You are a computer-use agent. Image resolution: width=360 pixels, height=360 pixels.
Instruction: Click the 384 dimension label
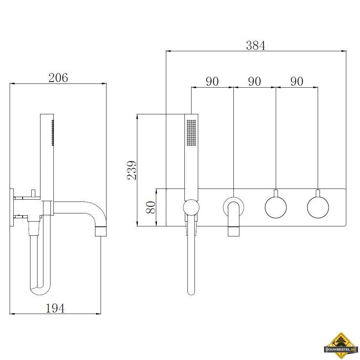(256, 45)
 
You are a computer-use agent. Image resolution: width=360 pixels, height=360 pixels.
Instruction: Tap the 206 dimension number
(58, 78)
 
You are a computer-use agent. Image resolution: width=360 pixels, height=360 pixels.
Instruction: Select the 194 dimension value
(55, 308)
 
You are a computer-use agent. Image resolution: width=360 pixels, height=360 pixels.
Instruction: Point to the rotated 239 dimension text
(132, 170)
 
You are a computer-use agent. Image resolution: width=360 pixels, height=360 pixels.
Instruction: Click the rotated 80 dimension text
(151, 207)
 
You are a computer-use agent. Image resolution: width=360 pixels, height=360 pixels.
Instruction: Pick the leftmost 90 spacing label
(212, 82)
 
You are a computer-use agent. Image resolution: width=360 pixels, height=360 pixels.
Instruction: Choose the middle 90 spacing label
(254, 82)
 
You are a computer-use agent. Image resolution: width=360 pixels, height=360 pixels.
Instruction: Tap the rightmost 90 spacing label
(297, 82)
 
